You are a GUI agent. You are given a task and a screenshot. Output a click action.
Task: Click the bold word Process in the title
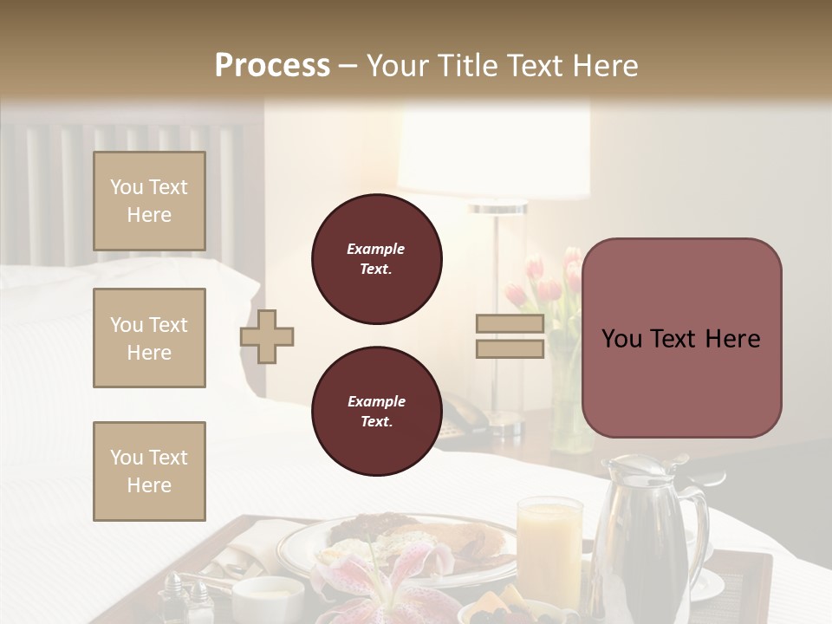[272, 65]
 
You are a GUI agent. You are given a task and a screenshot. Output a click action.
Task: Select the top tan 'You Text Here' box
[149, 201]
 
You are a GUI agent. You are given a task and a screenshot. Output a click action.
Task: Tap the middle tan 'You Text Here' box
[149, 338]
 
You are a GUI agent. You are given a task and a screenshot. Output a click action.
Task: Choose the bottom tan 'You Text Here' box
[149, 471]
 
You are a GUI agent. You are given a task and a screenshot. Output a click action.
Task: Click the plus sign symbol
[267, 337]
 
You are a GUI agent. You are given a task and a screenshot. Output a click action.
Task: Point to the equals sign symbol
[510, 337]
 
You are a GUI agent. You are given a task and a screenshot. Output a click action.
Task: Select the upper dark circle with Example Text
[376, 259]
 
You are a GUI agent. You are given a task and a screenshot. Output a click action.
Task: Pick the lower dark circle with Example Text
[376, 412]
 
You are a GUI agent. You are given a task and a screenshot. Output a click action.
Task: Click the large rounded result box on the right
[681, 338]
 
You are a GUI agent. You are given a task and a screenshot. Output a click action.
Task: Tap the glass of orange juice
[549, 546]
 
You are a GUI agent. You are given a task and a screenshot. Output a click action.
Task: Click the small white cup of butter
[268, 598]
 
